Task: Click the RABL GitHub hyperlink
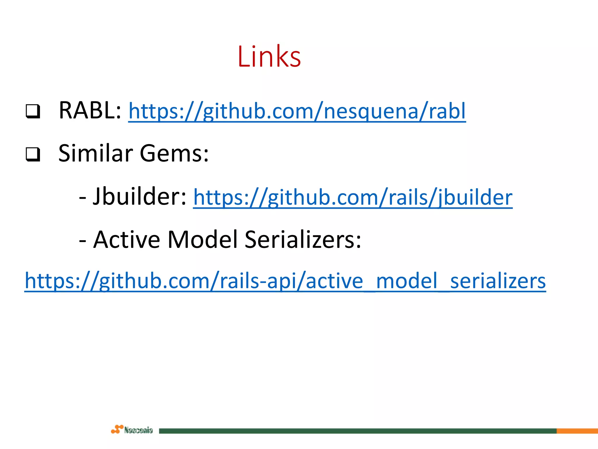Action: tap(297, 111)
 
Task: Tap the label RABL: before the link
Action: tap(90, 110)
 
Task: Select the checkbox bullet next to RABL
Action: tap(33, 111)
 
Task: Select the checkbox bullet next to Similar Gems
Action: tap(33, 154)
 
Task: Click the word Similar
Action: tap(96, 153)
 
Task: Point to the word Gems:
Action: tap(174, 154)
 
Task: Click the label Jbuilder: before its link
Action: tap(140, 196)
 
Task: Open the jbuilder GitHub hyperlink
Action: tap(352, 198)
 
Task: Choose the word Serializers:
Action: tap(303, 240)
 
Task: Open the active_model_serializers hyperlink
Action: tap(285, 281)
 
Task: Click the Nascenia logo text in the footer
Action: tap(138, 430)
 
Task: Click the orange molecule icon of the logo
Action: tap(117, 429)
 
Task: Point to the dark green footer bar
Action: tap(356, 431)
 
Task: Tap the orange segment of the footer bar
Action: tap(577, 431)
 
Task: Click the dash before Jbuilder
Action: tap(83, 198)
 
